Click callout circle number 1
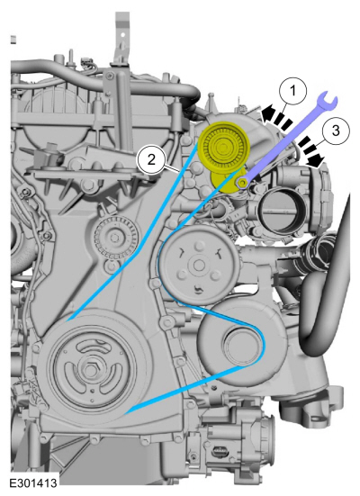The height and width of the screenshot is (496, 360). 292,92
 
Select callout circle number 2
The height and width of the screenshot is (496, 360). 151,159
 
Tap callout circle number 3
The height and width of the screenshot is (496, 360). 336,131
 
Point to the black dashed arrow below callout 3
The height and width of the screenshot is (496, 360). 311,152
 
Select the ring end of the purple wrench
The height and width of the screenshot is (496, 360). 243,182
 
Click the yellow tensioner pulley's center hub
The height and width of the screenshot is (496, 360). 224,147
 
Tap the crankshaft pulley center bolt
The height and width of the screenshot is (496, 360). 92,368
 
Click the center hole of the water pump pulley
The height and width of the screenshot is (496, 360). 199,265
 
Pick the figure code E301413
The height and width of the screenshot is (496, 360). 33,482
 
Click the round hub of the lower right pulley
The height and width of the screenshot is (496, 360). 238,346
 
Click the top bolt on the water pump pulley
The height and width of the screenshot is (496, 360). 199,246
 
